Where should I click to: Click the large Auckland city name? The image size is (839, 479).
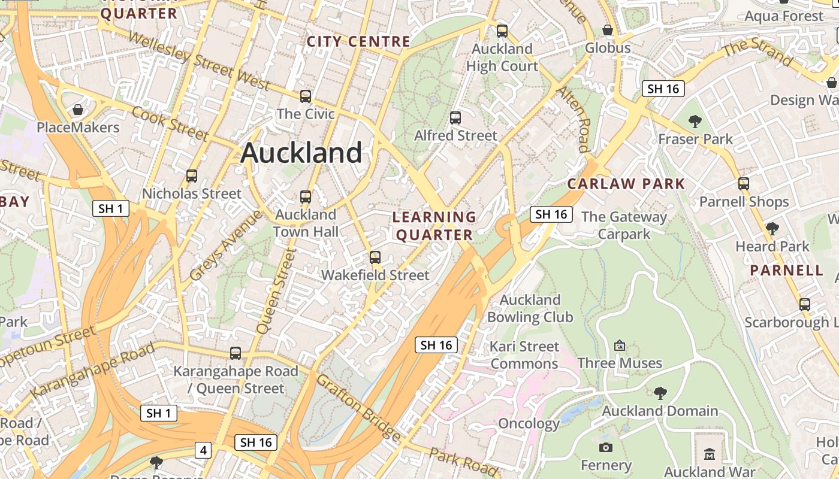301,153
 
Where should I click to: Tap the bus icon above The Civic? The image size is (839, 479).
306,96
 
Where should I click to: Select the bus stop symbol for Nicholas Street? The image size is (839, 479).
192,176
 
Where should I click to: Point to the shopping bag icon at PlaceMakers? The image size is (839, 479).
77,110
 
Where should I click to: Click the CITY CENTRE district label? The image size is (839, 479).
358,41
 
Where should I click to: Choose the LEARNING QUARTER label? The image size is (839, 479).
434,226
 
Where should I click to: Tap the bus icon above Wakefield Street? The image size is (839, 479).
375,257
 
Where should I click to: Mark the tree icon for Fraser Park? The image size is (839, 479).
695,122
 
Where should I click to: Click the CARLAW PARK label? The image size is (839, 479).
626,184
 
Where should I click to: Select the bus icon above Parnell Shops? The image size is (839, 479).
744,184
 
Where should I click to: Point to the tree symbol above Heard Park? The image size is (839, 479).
772,228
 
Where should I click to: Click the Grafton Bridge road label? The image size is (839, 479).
358,407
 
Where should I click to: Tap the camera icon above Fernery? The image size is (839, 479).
606,447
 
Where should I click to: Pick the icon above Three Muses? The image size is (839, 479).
620,345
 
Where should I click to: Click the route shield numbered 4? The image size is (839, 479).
204,450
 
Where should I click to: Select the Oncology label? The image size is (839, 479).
529,424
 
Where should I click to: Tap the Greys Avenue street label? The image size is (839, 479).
226,245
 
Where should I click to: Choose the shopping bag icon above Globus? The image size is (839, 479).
608,30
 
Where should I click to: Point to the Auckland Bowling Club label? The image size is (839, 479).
530,308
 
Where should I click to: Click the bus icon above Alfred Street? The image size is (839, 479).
455,118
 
